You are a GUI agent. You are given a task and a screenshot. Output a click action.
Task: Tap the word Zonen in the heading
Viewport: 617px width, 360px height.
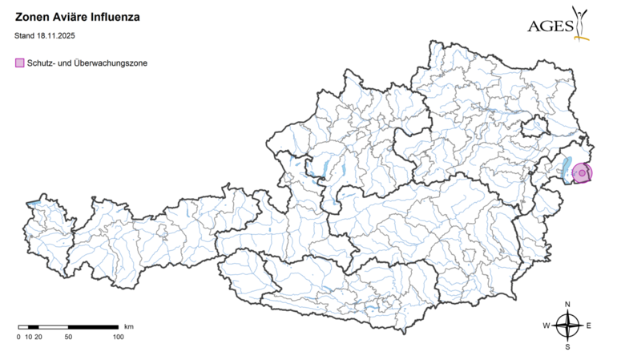[x=33, y=15]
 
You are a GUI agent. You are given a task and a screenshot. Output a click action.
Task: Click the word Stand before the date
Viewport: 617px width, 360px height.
[x=25, y=35]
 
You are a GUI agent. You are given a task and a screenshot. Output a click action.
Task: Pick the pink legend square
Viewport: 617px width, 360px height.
[x=19, y=63]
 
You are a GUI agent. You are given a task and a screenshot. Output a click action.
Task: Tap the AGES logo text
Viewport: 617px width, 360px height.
[x=549, y=26]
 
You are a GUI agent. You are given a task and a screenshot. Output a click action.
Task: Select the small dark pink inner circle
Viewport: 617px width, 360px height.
[x=583, y=173]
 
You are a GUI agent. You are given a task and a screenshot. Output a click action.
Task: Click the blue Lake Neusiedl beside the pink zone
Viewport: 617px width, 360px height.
[x=567, y=169]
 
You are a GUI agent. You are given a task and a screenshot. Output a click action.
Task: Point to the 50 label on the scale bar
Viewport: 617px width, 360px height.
[x=68, y=337]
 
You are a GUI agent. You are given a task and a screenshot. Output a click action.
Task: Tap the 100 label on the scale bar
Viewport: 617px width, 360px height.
[x=118, y=337]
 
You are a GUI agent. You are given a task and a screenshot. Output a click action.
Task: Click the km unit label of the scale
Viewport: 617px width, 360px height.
[x=128, y=326]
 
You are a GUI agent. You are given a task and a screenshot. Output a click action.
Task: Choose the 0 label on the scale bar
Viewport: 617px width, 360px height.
[x=18, y=337]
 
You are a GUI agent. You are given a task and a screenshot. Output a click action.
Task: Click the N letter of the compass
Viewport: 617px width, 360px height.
[x=567, y=305]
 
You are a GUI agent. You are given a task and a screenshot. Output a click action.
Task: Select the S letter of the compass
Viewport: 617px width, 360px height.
[x=567, y=347]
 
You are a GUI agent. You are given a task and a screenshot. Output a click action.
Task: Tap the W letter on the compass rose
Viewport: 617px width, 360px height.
[x=546, y=326]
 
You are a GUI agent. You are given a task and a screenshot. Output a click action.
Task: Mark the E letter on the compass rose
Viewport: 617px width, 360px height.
[x=588, y=326]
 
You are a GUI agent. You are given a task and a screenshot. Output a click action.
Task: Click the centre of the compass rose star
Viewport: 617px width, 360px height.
[x=567, y=326]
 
